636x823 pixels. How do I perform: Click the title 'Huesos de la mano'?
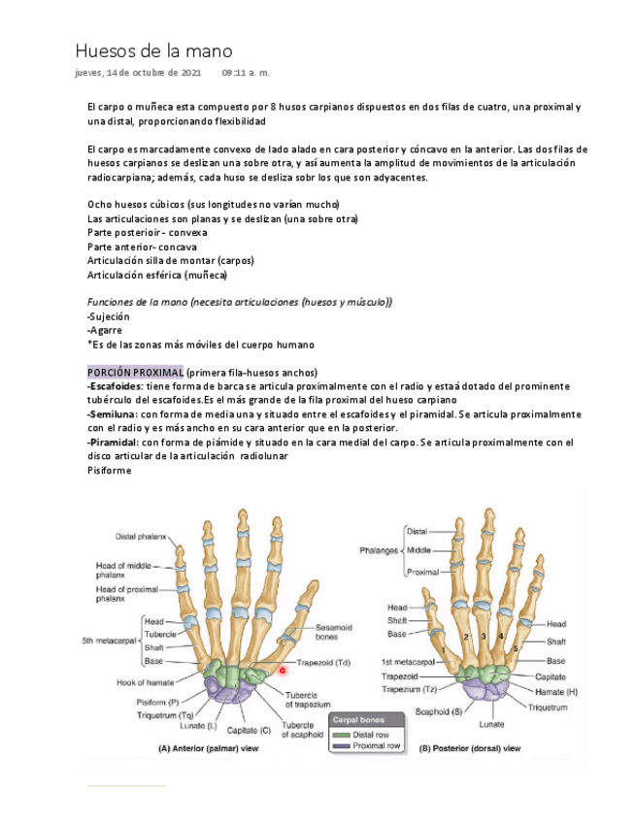point(153,50)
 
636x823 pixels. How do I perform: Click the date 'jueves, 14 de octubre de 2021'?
point(138,73)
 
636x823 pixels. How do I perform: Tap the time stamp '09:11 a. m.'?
point(246,73)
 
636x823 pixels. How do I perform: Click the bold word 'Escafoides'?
point(116,386)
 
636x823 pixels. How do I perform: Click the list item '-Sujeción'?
point(108,316)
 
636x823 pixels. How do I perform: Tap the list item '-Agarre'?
point(105,330)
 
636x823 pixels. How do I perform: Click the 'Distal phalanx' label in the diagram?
point(141,536)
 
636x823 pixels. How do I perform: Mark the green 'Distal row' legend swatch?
point(340,735)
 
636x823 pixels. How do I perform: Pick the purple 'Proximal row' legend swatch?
point(340,746)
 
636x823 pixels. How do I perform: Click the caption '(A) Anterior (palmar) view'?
point(208,749)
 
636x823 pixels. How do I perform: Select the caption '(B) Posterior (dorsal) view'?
point(470,749)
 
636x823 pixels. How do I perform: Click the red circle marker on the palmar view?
point(282,670)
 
